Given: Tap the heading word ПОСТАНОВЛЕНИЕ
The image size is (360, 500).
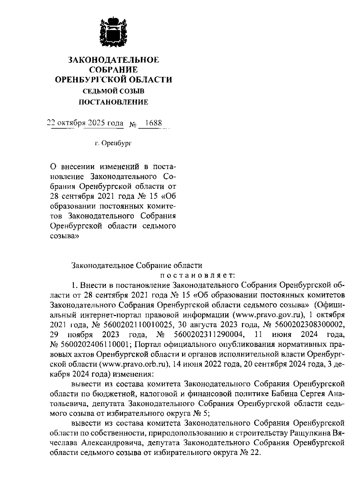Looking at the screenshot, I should click(113, 102).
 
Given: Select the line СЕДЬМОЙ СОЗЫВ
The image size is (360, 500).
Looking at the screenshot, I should click(113, 91).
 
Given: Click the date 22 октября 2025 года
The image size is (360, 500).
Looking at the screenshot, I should click(85, 123).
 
